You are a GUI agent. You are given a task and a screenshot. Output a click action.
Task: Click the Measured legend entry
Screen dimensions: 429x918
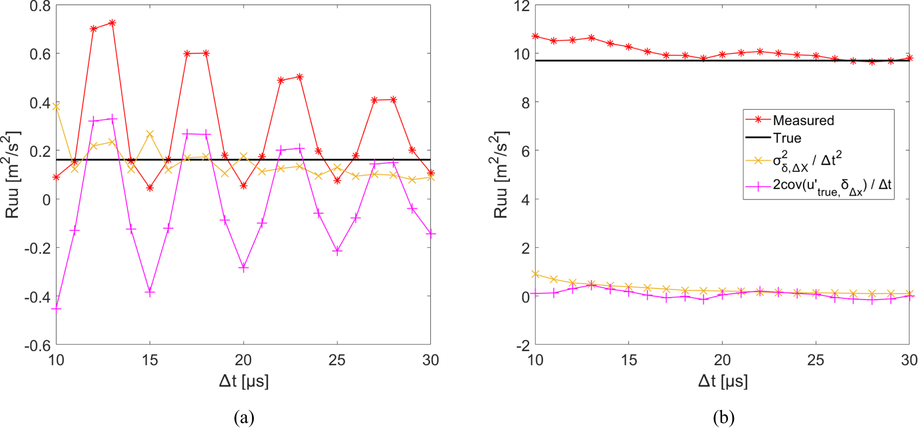[x=803, y=120]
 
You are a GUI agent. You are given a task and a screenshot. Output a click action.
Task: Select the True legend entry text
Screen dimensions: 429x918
[x=787, y=138]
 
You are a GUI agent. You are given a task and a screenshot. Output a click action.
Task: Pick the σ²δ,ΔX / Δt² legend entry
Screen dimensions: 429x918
[x=807, y=161]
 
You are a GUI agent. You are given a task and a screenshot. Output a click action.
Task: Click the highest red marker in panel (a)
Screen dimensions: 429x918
[x=112, y=23]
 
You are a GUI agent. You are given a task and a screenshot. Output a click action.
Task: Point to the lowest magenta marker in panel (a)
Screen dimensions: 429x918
[x=56, y=309]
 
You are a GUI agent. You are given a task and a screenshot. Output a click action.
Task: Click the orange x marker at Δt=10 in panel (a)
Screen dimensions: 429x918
[x=56, y=106]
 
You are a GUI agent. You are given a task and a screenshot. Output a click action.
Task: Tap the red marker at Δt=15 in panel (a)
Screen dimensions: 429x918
[x=150, y=188]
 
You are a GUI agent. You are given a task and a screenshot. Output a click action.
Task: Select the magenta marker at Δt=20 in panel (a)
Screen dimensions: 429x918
[x=243, y=267]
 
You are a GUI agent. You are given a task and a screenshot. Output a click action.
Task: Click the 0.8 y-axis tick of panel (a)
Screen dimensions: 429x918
[x=40, y=7]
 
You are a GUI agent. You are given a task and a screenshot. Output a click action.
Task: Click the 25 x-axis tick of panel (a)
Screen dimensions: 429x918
[x=337, y=360]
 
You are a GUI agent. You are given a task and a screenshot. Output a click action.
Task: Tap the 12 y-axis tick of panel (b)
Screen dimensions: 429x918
[x=522, y=7]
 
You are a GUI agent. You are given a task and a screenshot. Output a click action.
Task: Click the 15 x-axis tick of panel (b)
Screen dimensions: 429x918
[x=629, y=360]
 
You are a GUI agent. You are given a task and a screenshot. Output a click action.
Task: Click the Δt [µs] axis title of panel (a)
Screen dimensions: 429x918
[x=243, y=381]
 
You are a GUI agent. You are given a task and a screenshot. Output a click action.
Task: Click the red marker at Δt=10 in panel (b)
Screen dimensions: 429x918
[x=535, y=36]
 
